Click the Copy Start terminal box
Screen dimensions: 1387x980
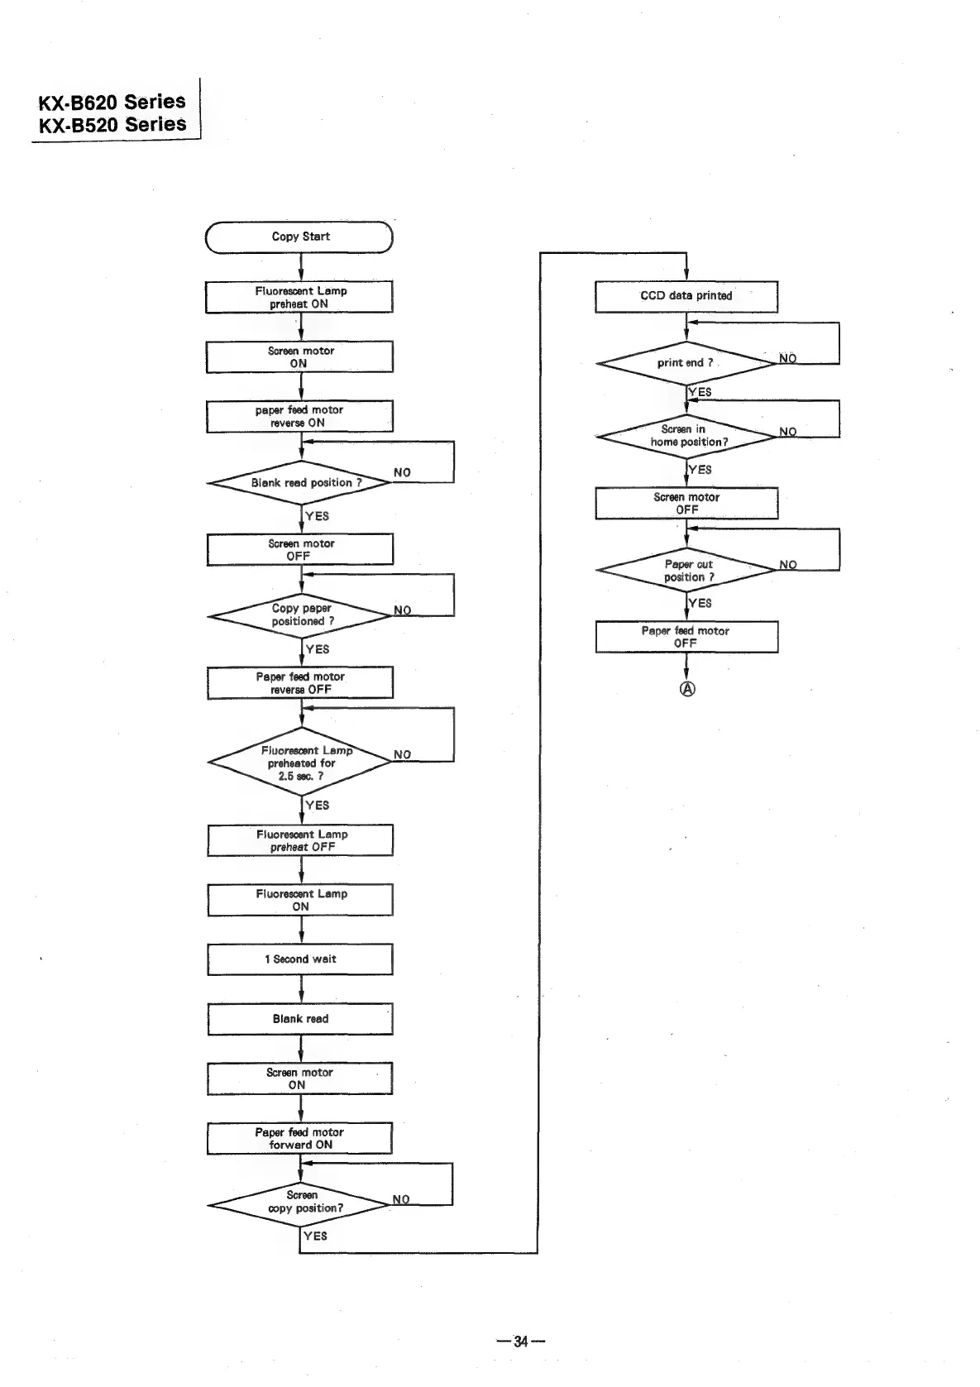(x=299, y=237)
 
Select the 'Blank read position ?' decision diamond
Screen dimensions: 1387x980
(x=299, y=482)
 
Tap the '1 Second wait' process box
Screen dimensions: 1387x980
(x=300, y=959)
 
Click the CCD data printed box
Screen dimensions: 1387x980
(x=686, y=296)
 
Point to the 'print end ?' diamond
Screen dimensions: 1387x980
(x=686, y=363)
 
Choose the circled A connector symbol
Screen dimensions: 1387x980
(x=687, y=689)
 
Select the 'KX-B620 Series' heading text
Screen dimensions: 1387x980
(x=112, y=102)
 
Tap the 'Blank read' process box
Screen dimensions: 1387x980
(x=300, y=1019)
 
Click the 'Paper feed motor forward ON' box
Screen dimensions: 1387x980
(x=300, y=1138)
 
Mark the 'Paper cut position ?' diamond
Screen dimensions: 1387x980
(x=686, y=571)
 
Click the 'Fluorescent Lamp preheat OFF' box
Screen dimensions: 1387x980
(x=300, y=840)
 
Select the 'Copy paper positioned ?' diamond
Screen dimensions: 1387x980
(x=299, y=615)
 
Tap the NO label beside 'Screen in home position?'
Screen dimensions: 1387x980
(x=788, y=432)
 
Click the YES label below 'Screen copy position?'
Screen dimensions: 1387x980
(x=315, y=1236)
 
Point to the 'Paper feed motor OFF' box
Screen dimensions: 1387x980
(x=686, y=637)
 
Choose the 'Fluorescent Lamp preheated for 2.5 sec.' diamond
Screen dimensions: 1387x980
(x=299, y=763)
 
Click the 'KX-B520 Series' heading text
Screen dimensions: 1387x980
(x=112, y=125)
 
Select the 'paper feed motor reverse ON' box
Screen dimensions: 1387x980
(x=299, y=416)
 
